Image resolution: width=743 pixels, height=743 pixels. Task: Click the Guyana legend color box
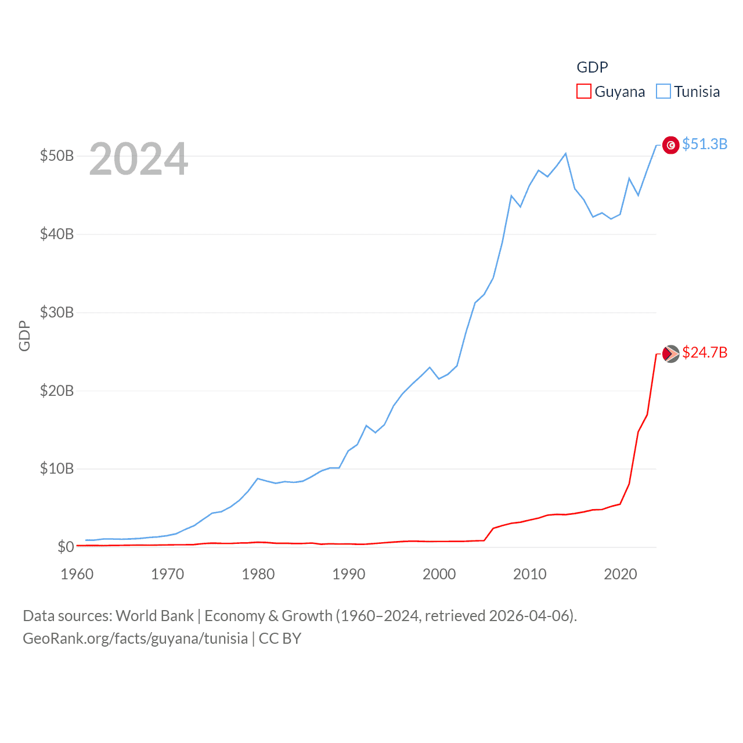[583, 92]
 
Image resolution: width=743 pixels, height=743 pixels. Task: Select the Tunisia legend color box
[663, 92]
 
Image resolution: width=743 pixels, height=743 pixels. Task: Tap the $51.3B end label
[705, 144]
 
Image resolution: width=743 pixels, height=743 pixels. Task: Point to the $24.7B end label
[705, 352]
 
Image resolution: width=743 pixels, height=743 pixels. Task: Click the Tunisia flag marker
[670, 145]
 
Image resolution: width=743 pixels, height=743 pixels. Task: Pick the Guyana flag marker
[670, 354]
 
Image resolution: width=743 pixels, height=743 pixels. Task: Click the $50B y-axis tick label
[57, 156]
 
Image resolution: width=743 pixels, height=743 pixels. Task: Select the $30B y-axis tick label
[57, 312]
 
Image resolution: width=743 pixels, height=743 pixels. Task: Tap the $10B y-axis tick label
[57, 468]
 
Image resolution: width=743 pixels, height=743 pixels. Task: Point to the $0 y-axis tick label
[66, 547]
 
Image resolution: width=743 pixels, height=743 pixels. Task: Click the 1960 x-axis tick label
[77, 574]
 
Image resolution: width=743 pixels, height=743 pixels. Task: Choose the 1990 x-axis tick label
[348, 574]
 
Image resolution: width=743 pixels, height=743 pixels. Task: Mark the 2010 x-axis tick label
[529, 574]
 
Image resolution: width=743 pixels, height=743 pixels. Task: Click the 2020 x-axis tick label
[620, 574]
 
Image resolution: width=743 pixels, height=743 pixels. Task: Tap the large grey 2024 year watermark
[138, 158]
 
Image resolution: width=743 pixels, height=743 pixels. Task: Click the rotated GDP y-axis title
[24, 336]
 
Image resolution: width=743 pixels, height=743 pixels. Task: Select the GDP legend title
[592, 67]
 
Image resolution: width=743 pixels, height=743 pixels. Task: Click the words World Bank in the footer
[154, 615]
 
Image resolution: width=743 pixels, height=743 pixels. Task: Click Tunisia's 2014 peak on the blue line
[565, 154]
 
